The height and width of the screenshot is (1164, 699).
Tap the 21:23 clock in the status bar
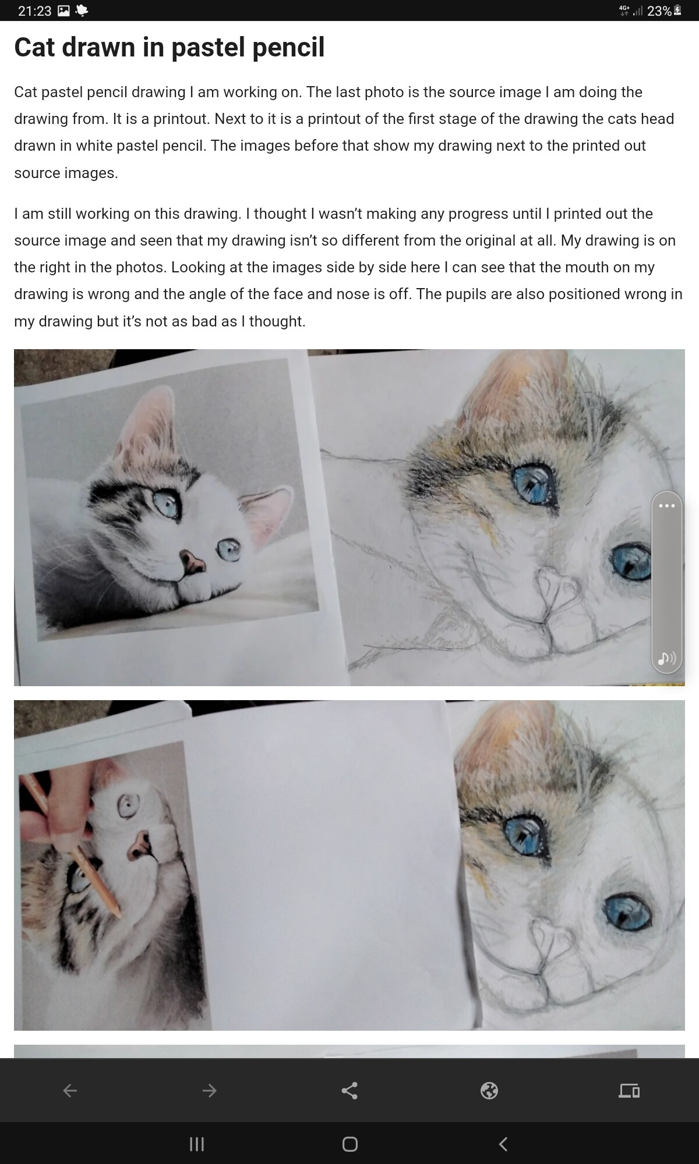[35, 11]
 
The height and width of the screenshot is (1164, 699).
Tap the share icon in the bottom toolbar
[349, 1090]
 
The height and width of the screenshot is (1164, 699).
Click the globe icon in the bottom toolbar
[489, 1090]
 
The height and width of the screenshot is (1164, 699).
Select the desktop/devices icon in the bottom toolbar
[629, 1090]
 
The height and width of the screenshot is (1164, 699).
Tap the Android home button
[349, 1144]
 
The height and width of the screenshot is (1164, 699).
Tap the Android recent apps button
[197, 1144]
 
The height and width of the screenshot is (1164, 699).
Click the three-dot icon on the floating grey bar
[666, 505]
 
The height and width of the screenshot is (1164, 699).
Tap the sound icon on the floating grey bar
[666, 658]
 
